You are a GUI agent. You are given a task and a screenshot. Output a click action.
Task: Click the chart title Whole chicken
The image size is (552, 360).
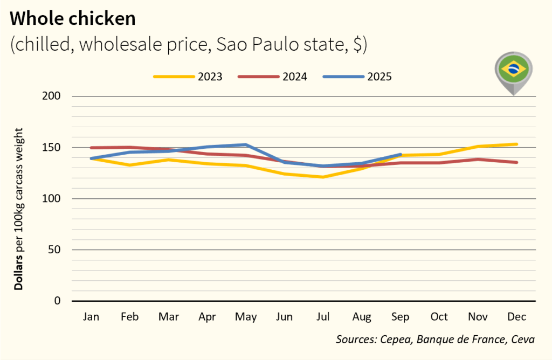(x=73, y=18)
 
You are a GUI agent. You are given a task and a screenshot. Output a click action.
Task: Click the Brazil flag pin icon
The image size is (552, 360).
(x=513, y=71)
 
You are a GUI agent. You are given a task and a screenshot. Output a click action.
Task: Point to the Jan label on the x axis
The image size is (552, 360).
(x=91, y=317)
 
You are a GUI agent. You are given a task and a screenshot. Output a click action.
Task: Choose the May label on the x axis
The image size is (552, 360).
(x=246, y=317)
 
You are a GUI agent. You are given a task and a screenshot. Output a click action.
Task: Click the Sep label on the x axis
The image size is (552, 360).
(x=401, y=317)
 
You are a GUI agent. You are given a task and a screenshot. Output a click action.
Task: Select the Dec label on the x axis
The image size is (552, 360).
(x=516, y=317)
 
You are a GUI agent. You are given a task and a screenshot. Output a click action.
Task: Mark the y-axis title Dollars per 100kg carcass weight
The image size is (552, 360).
(x=19, y=209)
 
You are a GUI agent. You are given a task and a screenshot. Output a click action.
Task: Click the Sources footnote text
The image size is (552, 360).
(x=435, y=340)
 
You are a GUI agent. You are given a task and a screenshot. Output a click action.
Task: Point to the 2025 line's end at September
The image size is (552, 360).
(x=401, y=154)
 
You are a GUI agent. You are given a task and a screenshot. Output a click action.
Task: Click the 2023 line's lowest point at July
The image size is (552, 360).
(x=323, y=177)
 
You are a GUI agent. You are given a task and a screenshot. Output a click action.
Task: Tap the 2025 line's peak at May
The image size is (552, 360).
(x=246, y=144)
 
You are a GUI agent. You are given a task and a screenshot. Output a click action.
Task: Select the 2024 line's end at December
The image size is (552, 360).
(x=516, y=162)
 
